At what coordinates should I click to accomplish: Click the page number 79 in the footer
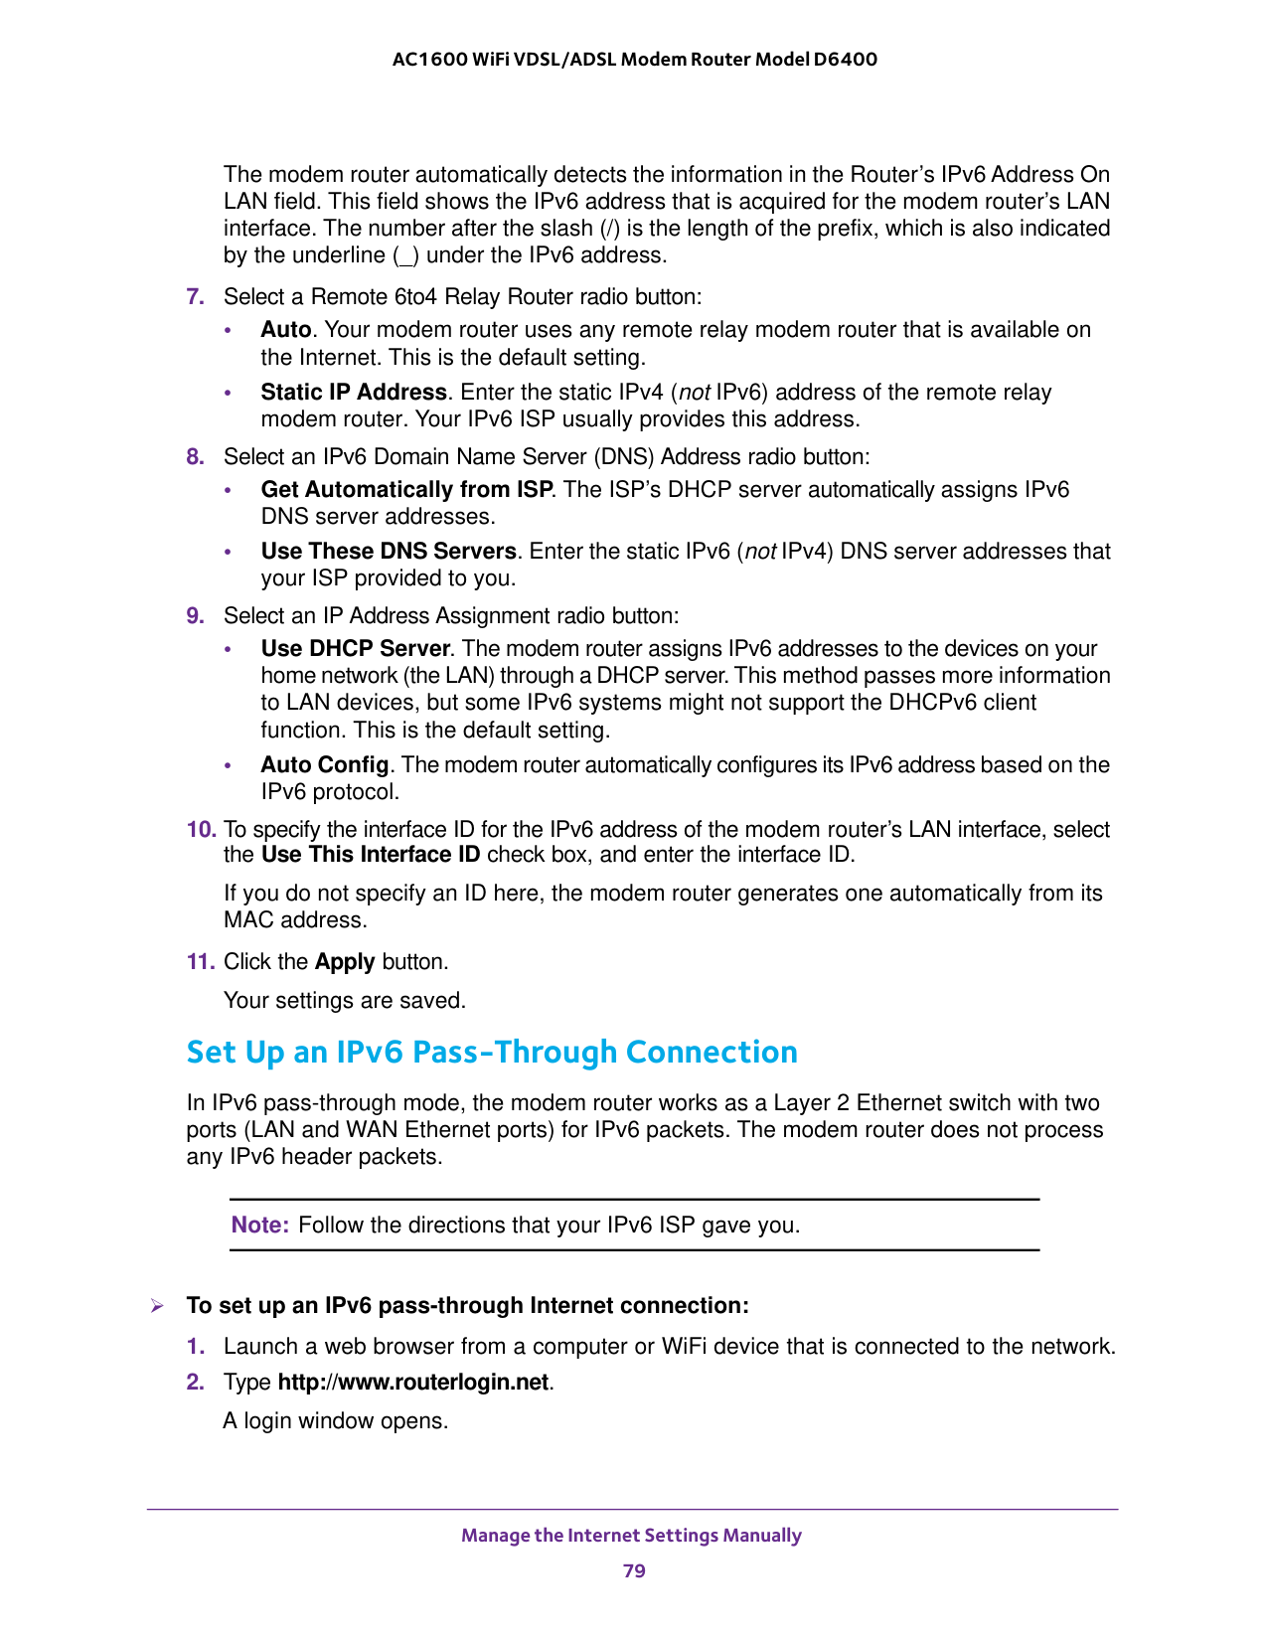[634, 1571]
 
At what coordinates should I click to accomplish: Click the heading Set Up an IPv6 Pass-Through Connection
[492, 1053]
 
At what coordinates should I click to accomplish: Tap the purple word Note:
[259, 1226]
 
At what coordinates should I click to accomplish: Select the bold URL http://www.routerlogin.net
[412, 1383]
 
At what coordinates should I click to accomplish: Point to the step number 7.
[196, 297]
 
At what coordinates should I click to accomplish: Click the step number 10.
[201, 830]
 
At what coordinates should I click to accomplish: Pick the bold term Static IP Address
[354, 393]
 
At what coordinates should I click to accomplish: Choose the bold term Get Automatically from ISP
[406, 490]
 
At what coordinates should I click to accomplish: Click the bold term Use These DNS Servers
[389, 552]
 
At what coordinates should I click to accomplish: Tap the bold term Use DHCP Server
[356, 649]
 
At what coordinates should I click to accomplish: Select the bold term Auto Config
[324, 765]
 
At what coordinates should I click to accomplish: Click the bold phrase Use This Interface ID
[371, 856]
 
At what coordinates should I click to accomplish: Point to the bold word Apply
[345, 962]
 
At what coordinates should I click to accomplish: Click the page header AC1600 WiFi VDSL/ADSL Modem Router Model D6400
[634, 60]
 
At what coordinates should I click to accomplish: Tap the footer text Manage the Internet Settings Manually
[631, 1536]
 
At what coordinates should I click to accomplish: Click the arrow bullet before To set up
[156, 1306]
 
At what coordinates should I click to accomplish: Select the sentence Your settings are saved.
[344, 1001]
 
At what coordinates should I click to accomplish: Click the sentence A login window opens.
[336, 1421]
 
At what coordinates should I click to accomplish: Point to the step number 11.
[201, 962]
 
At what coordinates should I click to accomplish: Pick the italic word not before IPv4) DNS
[760, 552]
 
